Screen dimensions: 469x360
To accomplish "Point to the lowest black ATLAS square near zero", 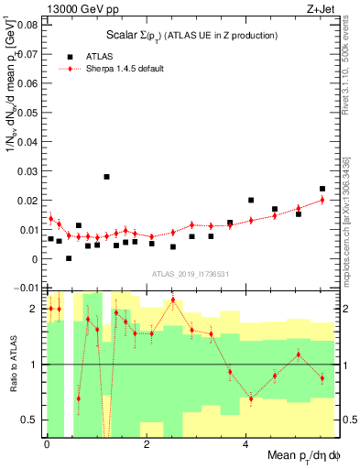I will click(69, 258).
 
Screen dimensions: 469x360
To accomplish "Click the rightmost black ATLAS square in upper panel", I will click(322, 189).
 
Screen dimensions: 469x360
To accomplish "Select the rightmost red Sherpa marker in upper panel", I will click(322, 200).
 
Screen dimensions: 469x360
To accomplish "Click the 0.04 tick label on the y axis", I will click(26, 142).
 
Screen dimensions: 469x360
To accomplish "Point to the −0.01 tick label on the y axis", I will click(24, 289).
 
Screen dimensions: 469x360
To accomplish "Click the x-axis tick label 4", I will click(245, 447).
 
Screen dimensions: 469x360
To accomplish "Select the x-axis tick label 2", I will click(147, 447).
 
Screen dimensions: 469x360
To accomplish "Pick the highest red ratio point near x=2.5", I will click(173, 300).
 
